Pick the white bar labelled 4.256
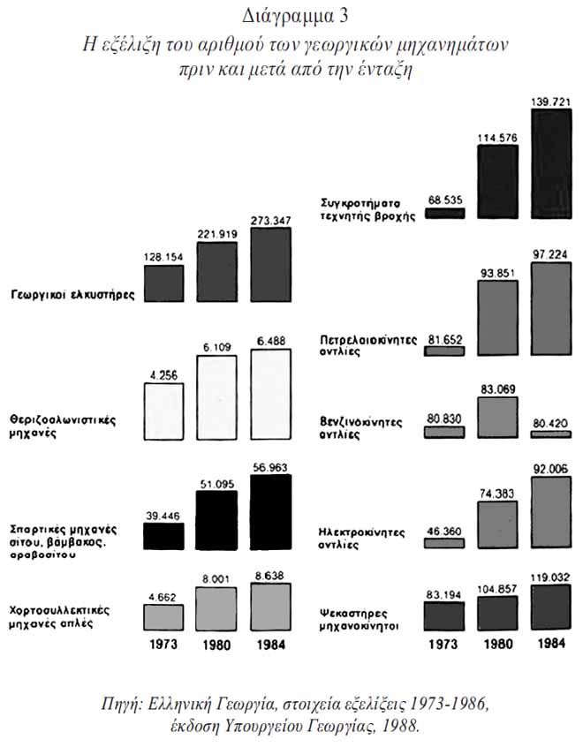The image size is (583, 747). click(x=163, y=413)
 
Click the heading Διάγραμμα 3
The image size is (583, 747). click(x=291, y=14)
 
